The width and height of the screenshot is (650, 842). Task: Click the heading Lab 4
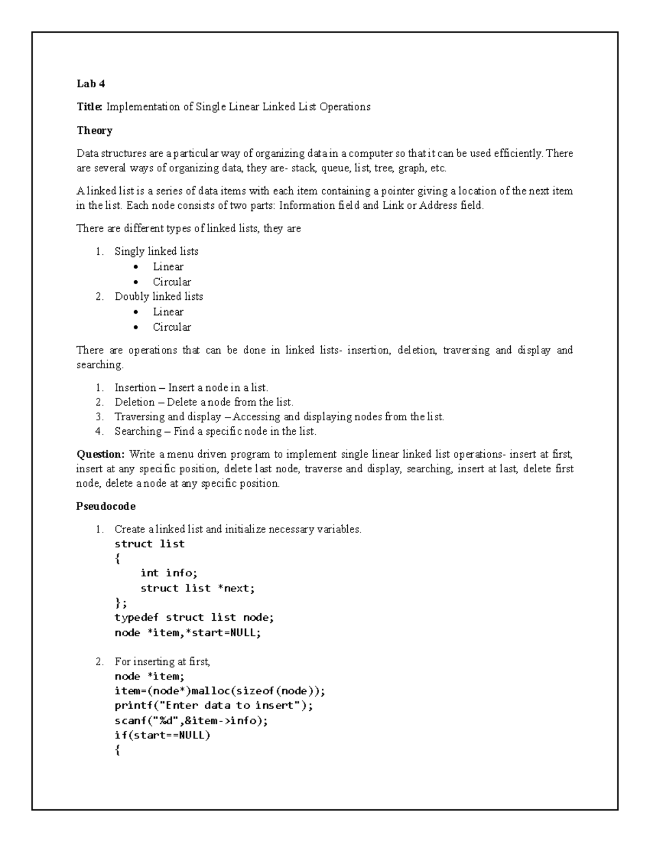(x=90, y=83)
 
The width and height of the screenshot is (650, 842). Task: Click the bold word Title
(x=89, y=107)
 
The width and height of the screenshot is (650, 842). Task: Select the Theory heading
(x=94, y=130)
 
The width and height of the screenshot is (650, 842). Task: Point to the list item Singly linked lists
(x=156, y=252)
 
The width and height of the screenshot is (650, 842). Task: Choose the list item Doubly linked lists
(x=159, y=297)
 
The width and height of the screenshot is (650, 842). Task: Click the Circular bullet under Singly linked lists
(x=172, y=282)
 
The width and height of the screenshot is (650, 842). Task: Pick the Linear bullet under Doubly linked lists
(x=168, y=312)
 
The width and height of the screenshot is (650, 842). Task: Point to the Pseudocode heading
(x=106, y=506)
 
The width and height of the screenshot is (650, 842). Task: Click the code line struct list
(x=149, y=544)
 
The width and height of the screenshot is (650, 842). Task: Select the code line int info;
(x=169, y=573)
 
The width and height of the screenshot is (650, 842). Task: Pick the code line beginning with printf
(x=214, y=706)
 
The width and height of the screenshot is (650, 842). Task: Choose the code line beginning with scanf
(x=191, y=721)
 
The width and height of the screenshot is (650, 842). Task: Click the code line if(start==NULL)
(x=162, y=736)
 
